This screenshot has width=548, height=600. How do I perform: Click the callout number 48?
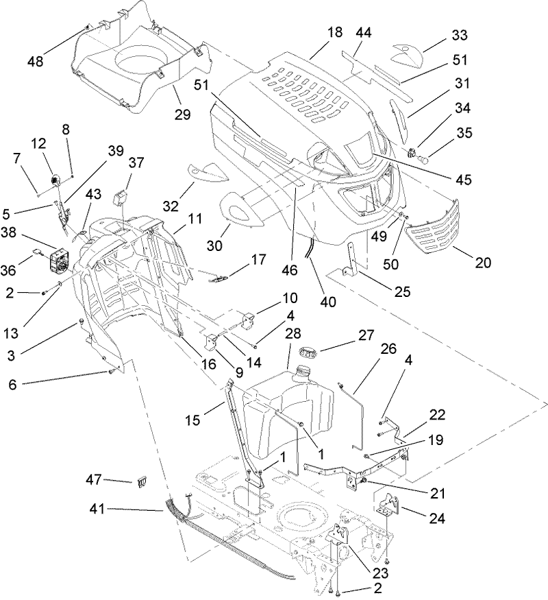(35, 61)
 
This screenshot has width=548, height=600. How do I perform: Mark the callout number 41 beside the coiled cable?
(99, 509)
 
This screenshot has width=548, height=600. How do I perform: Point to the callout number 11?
(195, 220)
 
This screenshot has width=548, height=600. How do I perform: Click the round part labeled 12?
(55, 179)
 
